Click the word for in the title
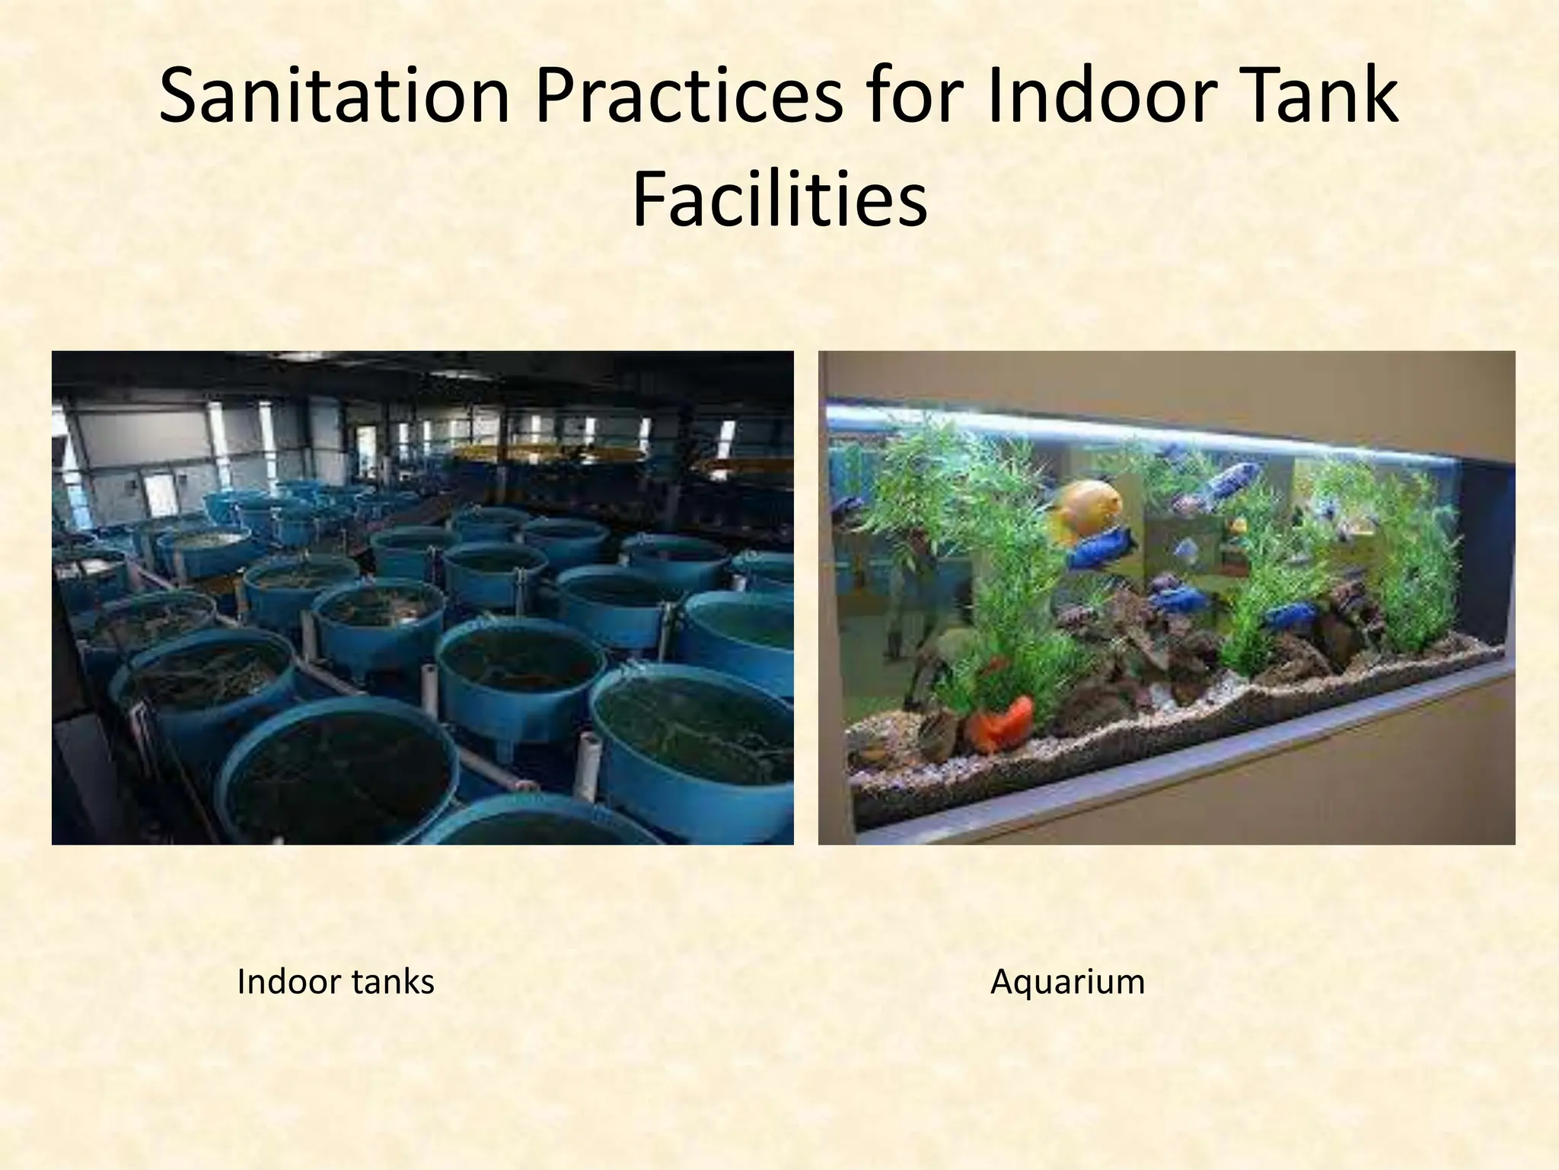point(913,97)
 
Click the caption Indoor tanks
point(335,982)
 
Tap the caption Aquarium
point(1067,982)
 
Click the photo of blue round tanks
point(422,597)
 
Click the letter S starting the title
point(180,97)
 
